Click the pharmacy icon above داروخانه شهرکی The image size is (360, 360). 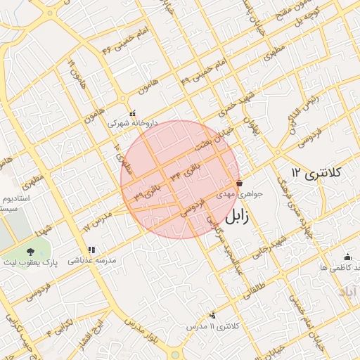[132, 112]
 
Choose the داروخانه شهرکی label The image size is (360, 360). [132, 122]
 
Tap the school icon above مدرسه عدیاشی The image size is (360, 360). [91, 250]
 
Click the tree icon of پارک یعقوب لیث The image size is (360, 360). [30, 251]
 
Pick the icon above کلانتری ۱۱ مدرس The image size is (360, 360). [213, 316]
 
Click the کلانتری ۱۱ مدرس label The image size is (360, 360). [213, 327]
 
